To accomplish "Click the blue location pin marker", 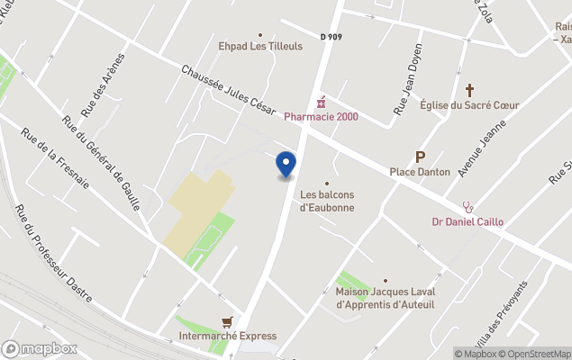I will pos(286,165).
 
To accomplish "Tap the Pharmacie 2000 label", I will pos(321,117).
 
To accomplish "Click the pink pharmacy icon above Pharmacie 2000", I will pos(320,103).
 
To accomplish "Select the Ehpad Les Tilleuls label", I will pos(260,46).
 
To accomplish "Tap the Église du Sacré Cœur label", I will pos(469,105).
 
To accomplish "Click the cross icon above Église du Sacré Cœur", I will pos(469,90).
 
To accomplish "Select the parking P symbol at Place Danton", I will pos(420,157).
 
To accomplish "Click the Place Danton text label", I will pos(420,172).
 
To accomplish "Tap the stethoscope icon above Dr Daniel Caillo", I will pos(467,207).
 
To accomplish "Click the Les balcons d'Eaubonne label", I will pos(327,201).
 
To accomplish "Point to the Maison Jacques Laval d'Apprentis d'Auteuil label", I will pos(386,298).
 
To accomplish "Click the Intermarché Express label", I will pos(228,336).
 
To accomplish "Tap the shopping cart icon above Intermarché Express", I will pos(228,320).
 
